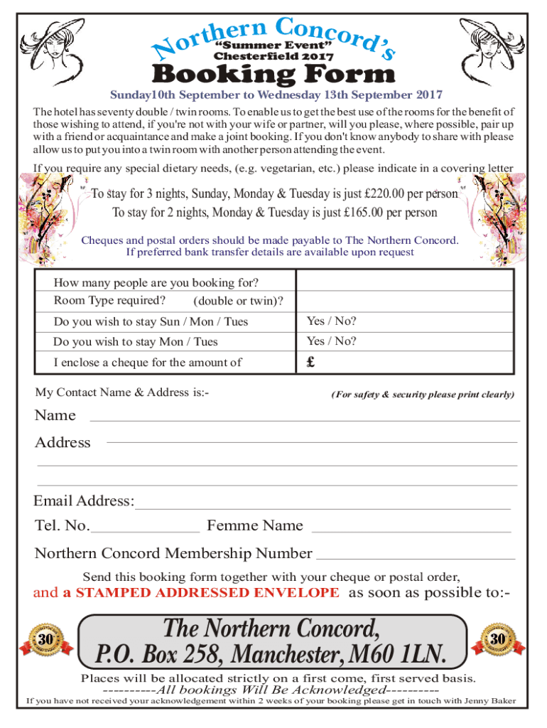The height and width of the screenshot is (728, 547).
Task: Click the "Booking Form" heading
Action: [273, 74]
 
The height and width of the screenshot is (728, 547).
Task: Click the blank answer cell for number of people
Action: [405, 282]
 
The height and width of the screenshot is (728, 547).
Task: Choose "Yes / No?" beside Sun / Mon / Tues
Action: [331, 321]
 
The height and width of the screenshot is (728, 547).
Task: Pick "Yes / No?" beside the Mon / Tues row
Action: [331, 341]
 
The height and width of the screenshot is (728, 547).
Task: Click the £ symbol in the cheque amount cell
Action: [310, 362]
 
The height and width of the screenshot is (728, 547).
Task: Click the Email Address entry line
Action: [323, 508]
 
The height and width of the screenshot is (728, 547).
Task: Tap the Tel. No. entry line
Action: [146, 530]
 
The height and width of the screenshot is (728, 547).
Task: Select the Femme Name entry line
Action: [411, 530]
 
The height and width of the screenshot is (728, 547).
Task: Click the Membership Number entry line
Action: [415, 559]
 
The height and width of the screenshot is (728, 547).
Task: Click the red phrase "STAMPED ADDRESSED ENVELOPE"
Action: [201, 593]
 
